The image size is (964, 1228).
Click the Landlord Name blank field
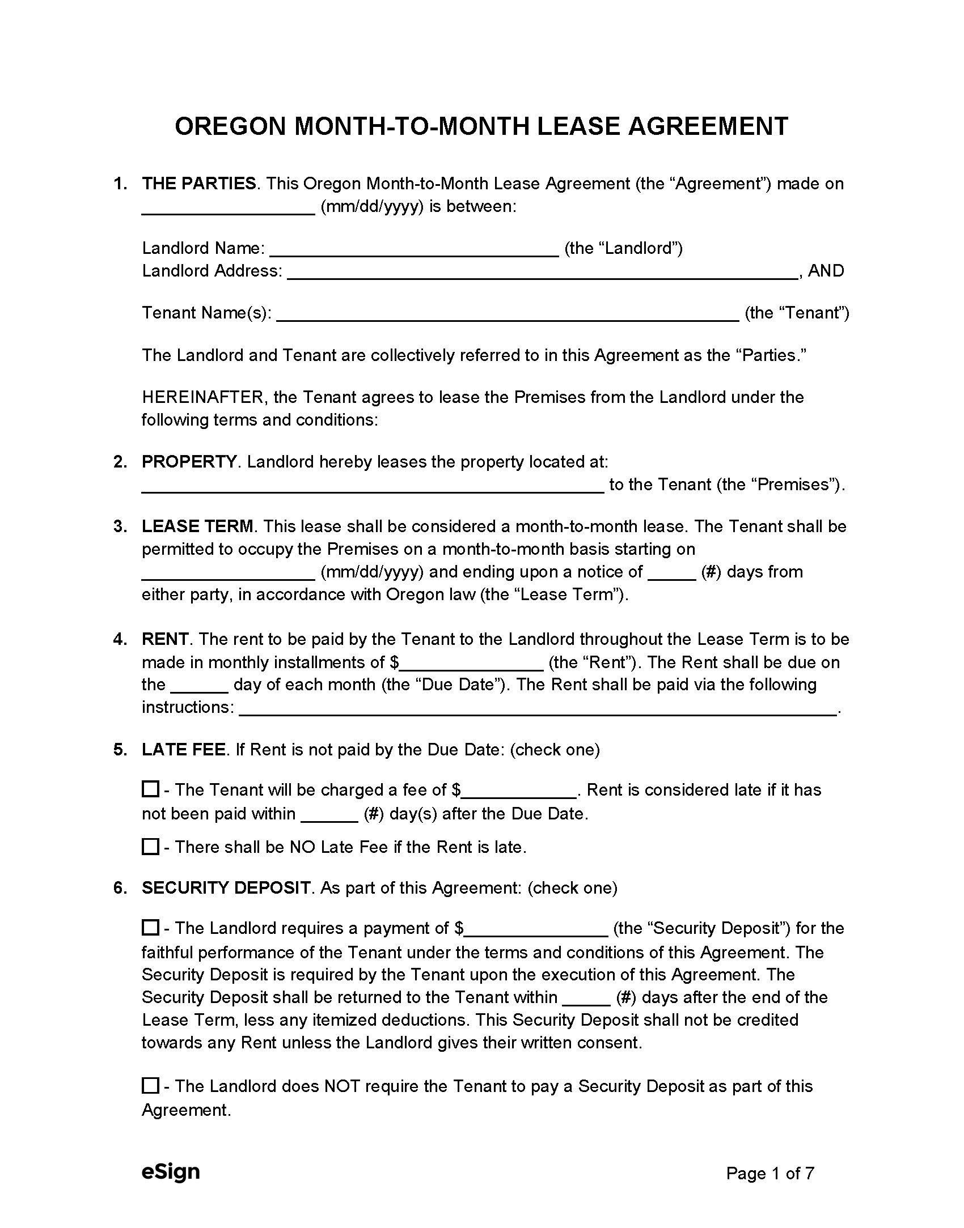pyautogui.click(x=415, y=249)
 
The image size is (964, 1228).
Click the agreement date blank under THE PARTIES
pyautogui.click(x=228, y=207)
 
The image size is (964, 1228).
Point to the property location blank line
pyautogui.click(x=373, y=486)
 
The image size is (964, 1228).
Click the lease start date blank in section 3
pyautogui.click(x=228, y=573)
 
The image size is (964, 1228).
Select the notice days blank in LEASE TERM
pyautogui.click(x=672, y=573)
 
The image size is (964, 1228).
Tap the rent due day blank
pyautogui.click(x=199, y=686)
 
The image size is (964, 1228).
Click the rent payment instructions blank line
pyautogui.click(x=538, y=708)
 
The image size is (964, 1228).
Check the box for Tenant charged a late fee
pyautogui.click(x=150, y=789)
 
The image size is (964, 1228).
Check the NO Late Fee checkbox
pyautogui.click(x=150, y=847)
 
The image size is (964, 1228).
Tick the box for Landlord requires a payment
pyautogui.click(x=150, y=928)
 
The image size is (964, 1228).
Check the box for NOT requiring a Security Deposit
pyautogui.click(x=150, y=1086)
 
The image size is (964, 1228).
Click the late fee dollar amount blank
pyautogui.click(x=518, y=791)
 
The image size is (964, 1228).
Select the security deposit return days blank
pyautogui.click(x=588, y=998)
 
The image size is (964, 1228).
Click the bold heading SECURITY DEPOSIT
pyautogui.click(x=226, y=888)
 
